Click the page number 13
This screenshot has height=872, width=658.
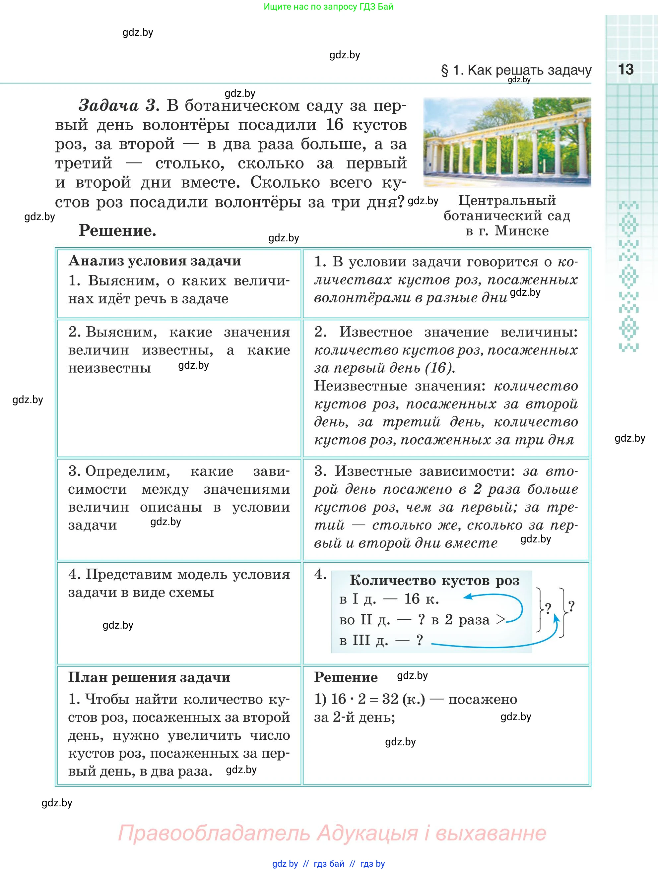pyautogui.click(x=626, y=69)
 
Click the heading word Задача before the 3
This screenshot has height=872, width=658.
pyautogui.click(x=108, y=106)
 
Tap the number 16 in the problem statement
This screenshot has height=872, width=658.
pyautogui.click(x=335, y=125)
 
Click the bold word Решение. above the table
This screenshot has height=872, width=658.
pyautogui.click(x=117, y=230)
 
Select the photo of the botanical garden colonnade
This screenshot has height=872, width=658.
pyautogui.click(x=507, y=142)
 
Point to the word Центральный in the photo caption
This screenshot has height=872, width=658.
pyautogui.click(x=507, y=201)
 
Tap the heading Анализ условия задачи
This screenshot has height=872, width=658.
pyautogui.click(x=155, y=261)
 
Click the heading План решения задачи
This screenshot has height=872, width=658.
pyautogui.click(x=149, y=677)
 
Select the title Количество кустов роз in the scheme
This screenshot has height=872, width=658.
pyautogui.click(x=434, y=581)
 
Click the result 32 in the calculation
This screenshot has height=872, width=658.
pyautogui.click(x=390, y=699)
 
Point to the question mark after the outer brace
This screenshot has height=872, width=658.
pyautogui.click(x=571, y=606)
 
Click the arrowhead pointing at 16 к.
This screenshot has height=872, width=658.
pyautogui.click(x=467, y=597)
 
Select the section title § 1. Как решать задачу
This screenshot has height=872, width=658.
pyautogui.click(x=516, y=70)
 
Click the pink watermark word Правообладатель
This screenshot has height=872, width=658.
pyautogui.click(x=214, y=833)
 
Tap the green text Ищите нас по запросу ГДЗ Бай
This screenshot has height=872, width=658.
pyautogui.click(x=328, y=7)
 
